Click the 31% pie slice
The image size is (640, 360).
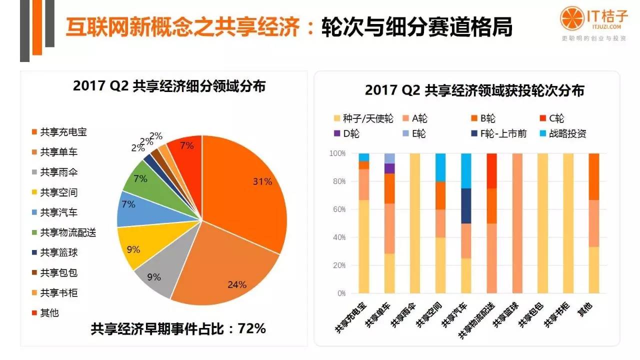(x=245, y=195)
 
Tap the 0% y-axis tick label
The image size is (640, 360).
(x=341, y=293)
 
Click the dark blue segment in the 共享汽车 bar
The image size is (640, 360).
(x=466, y=206)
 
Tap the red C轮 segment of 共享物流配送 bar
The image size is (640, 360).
(x=492, y=170)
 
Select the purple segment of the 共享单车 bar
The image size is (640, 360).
(x=389, y=168)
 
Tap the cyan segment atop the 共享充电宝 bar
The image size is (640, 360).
(x=363, y=157)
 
